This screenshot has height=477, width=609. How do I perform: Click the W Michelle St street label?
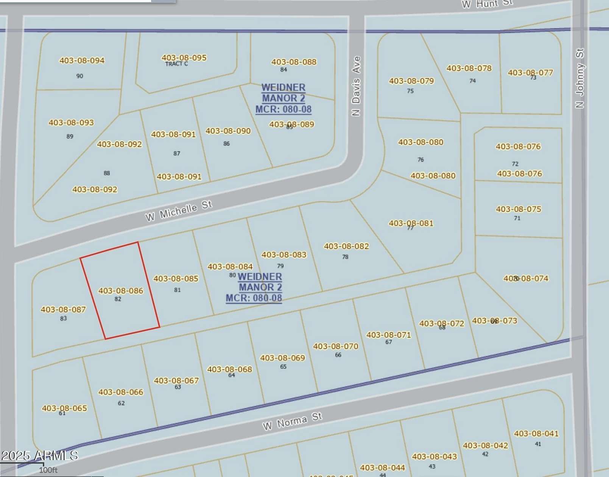(179, 211)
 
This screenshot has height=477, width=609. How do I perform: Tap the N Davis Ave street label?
(356, 86)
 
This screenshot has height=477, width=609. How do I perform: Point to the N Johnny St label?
(579, 78)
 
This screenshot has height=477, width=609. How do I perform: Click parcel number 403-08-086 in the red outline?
(121, 291)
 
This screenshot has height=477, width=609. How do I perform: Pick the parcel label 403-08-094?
(82, 61)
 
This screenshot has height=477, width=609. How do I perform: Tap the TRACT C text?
(176, 64)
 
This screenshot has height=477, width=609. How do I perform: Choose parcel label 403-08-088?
(294, 62)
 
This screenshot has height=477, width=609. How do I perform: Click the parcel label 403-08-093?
(71, 123)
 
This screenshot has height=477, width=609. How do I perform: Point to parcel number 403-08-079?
(411, 81)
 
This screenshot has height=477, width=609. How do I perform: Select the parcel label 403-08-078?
(469, 69)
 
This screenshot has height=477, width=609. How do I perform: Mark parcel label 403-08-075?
(519, 209)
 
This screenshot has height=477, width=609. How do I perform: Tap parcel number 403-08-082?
(346, 246)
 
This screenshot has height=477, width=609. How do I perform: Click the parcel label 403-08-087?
(63, 310)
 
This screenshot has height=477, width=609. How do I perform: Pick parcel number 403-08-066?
(121, 392)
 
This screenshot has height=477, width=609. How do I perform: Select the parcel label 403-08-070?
(336, 346)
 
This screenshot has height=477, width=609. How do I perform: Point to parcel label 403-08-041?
(536, 434)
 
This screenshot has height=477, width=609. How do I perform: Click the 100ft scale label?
(48, 470)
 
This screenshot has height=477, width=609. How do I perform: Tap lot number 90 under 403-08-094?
(80, 76)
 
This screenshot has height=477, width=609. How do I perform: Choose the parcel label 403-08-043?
(435, 457)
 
